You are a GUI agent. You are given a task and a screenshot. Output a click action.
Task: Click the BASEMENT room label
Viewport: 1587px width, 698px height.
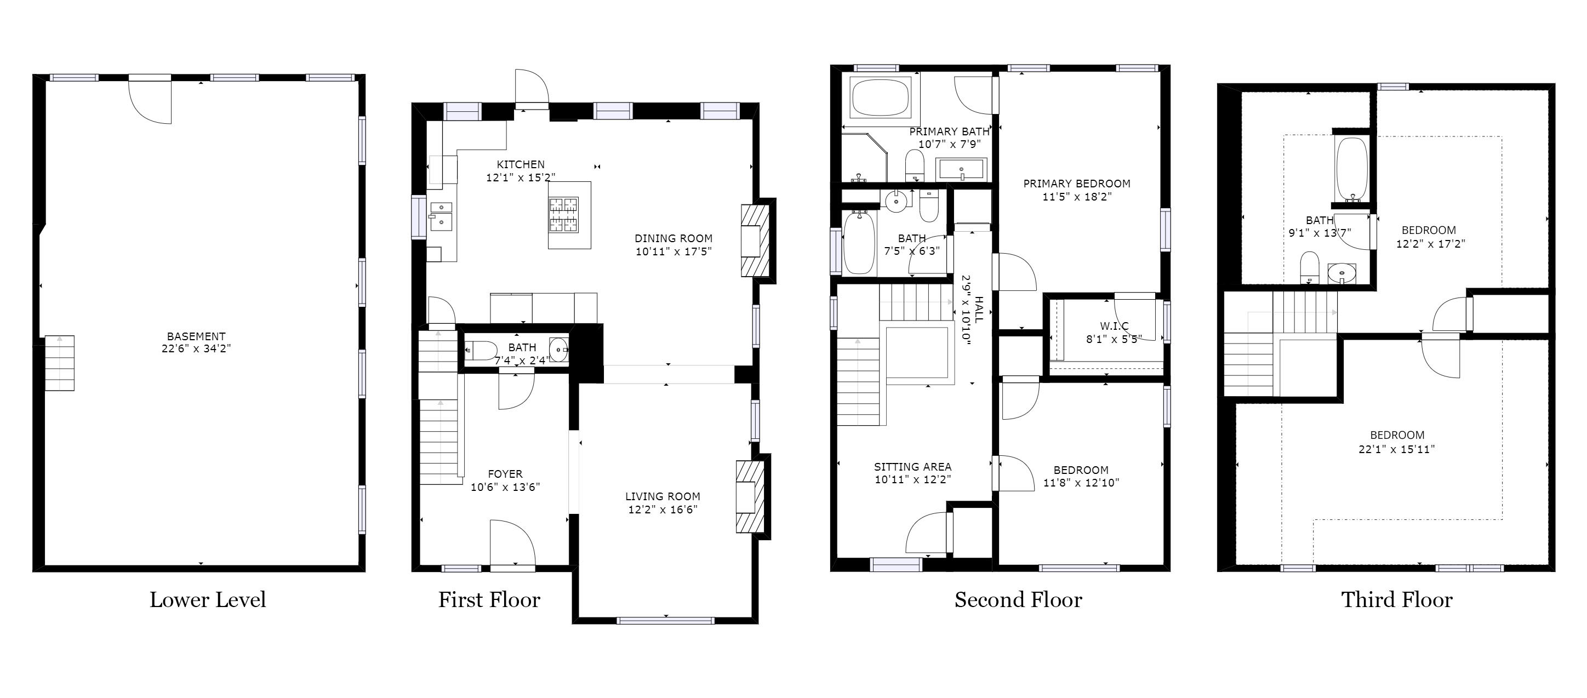point(196,336)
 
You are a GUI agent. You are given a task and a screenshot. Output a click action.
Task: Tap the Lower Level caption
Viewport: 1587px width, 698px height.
point(208,599)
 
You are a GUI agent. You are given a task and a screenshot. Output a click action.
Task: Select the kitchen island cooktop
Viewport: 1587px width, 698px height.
point(564,215)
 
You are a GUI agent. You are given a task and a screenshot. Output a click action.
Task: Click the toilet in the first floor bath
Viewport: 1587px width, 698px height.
point(481,351)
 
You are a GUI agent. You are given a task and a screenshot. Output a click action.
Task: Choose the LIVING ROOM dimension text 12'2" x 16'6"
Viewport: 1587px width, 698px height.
point(663,510)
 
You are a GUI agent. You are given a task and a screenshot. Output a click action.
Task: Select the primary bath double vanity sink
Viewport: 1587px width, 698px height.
point(962,170)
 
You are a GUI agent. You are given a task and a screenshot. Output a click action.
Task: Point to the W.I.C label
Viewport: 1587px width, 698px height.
point(1114,326)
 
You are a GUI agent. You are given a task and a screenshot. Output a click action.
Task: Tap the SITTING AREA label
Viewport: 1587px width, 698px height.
point(912,467)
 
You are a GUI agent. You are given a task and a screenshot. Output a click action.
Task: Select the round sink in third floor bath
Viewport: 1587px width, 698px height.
point(1342,272)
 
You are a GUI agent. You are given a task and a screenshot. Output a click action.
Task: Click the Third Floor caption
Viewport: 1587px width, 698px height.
point(1397,599)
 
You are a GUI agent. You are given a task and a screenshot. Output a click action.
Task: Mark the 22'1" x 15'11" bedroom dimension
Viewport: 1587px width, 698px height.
point(1397,449)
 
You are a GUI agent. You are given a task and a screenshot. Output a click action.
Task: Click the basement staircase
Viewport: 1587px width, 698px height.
point(60,363)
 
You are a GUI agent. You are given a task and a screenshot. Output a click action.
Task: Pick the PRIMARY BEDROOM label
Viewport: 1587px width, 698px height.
point(1077,184)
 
